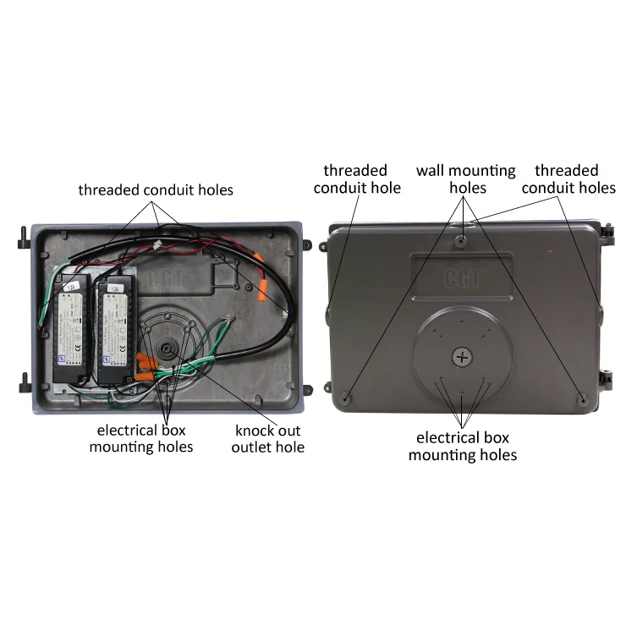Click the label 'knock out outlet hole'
click(267, 438)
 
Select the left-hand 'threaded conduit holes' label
click(156, 189)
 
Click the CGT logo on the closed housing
click(461, 277)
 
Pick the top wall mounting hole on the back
click(460, 241)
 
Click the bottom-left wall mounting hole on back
click(347, 396)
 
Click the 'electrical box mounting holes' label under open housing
click(141, 438)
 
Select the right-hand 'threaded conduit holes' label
click(568, 178)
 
